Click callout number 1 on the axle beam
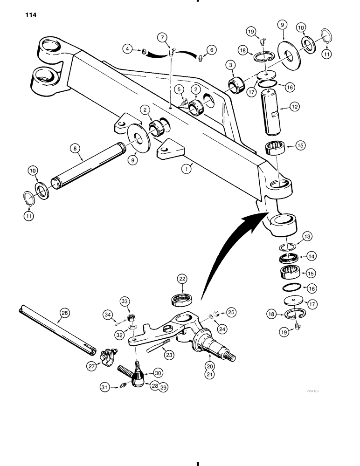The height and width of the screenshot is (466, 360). pyautogui.click(x=186, y=171)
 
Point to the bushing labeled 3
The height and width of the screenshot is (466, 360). pyautogui.click(x=235, y=85)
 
